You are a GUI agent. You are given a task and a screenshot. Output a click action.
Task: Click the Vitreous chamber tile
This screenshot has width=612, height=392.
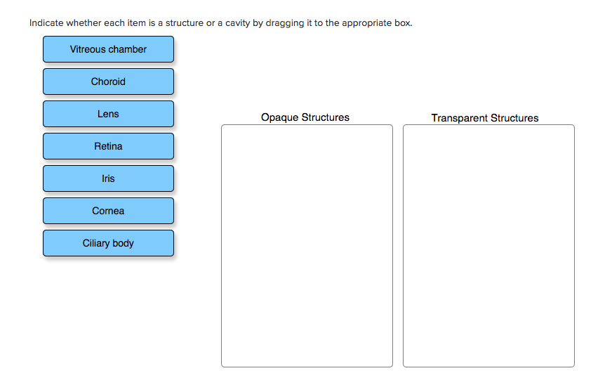108,49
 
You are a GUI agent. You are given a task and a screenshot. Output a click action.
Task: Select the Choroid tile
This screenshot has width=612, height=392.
108,81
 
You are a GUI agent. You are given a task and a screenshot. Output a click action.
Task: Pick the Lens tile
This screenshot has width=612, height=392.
108,114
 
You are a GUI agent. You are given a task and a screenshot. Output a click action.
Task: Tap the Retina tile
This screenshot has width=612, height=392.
108,146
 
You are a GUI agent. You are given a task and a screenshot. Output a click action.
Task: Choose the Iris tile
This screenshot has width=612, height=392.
108,178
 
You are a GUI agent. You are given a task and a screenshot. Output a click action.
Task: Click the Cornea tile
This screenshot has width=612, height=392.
108,211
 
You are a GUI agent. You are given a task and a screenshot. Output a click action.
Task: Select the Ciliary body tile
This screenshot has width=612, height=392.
108,243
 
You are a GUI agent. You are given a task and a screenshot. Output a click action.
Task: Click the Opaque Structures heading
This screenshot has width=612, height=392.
305,117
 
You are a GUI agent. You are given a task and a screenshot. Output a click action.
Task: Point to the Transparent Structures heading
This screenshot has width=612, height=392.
485,118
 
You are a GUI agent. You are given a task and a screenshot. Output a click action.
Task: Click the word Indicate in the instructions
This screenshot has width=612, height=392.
46,23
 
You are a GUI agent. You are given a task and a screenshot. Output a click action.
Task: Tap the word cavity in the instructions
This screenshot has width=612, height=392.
237,23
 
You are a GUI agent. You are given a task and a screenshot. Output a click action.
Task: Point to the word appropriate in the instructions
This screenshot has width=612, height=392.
367,23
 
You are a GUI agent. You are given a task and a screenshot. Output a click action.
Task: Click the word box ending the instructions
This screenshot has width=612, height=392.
403,23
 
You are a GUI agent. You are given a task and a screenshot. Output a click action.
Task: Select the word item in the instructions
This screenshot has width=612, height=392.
137,23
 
